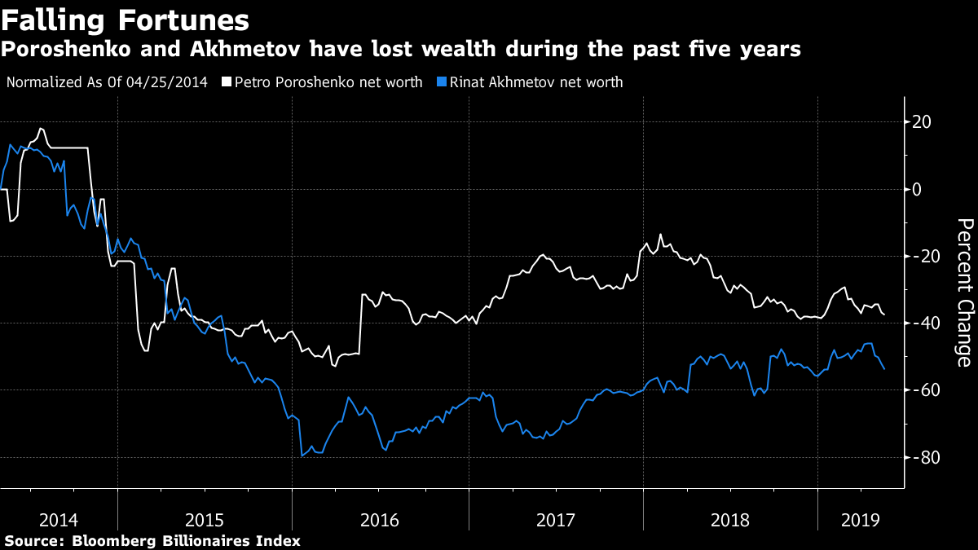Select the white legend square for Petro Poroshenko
point(227,82)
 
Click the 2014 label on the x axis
point(58,518)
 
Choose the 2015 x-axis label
point(205,518)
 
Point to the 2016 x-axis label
point(380,518)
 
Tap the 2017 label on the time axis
point(556,518)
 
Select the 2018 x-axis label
point(731,518)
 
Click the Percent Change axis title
point(964,293)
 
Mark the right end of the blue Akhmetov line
point(885,369)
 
